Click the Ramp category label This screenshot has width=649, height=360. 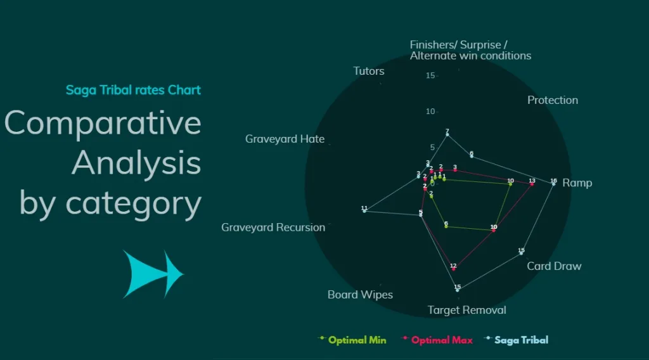coord(577,183)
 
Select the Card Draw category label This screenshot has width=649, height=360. coord(554,266)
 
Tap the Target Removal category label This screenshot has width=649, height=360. coord(467,310)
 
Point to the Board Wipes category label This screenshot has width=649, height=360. coord(360,295)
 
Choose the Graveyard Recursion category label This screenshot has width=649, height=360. coord(273,227)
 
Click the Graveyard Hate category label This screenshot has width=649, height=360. coord(285,139)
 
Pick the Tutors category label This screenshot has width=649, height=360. coord(369,71)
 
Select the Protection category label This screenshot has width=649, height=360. coord(553,100)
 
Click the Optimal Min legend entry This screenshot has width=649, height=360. coord(357,340)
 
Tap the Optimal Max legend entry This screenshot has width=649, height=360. coord(442,340)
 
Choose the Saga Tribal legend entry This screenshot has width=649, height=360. coord(521,340)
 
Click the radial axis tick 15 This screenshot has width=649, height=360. coord(431,75)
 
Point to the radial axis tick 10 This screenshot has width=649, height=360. coord(431,112)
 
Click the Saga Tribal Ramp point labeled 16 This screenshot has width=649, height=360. coord(553,184)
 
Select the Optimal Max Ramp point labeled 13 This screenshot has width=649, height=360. coord(532,184)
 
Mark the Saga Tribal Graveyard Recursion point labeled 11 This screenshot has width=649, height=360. coord(364,211)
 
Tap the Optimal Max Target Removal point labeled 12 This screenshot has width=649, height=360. coord(453,269)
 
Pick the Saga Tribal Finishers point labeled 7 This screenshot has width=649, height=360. coord(447,134)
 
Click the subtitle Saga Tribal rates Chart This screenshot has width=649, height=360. coord(133,90)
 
